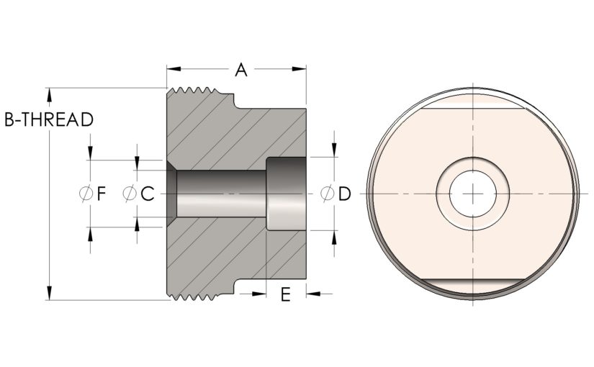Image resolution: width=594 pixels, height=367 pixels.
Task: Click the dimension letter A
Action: point(241,70)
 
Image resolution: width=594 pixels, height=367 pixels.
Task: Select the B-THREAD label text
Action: point(49,119)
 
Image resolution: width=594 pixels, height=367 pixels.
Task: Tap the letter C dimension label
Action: point(148,194)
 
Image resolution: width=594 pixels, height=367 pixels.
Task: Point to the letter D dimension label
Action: point(345,194)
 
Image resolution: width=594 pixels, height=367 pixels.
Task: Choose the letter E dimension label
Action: point(286,294)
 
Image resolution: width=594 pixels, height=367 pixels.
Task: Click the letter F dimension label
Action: point(101,194)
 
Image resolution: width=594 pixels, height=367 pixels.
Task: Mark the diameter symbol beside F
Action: point(86,194)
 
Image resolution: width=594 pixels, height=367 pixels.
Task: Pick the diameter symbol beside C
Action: point(130,194)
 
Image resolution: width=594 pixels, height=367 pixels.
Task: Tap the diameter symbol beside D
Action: point(328,194)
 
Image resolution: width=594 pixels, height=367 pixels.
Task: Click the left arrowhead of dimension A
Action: point(174,69)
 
